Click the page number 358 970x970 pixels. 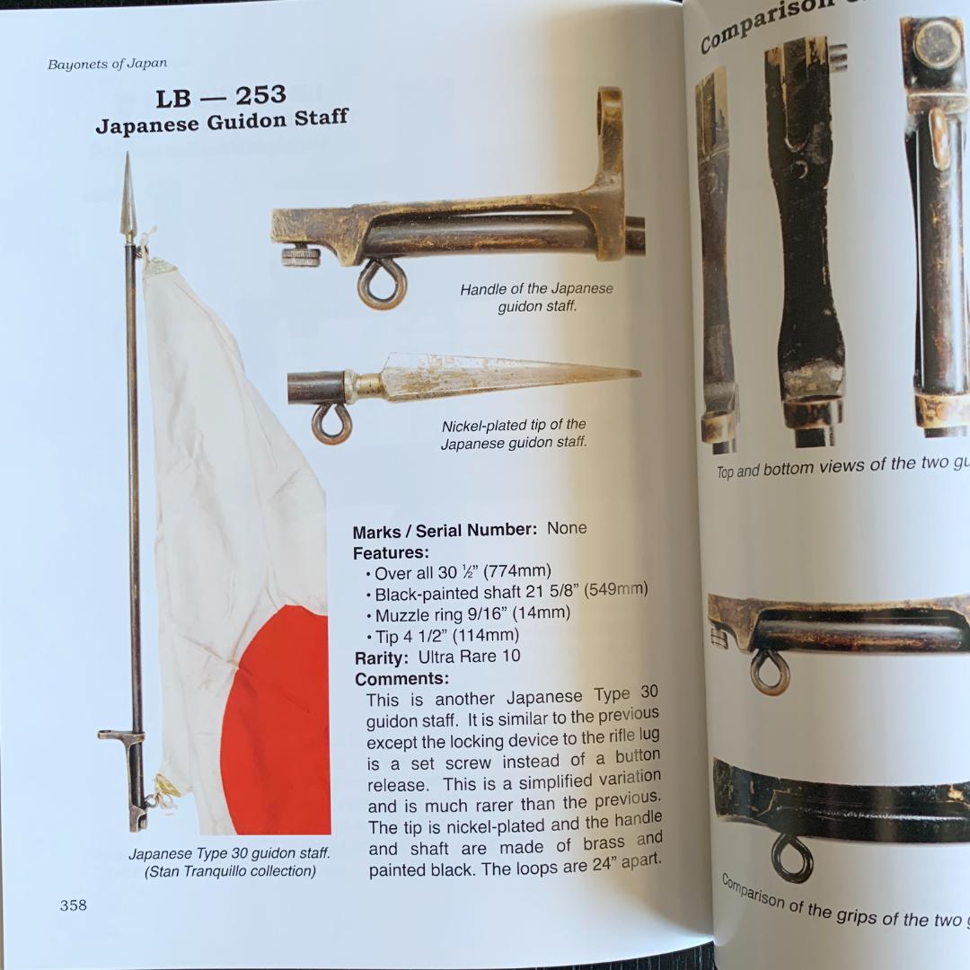click(x=74, y=904)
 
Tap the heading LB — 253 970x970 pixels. click(x=220, y=96)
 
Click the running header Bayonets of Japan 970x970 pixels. click(x=107, y=64)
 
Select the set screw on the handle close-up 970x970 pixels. click(x=301, y=258)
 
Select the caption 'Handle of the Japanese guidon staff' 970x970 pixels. click(x=537, y=297)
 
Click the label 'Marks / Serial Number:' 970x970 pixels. click(x=445, y=531)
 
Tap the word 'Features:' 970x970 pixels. click(x=391, y=552)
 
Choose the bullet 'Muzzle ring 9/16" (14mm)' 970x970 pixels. click(x=472, y=615)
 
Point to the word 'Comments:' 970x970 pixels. click(x=401, y=679)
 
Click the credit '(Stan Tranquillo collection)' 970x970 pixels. click(x=230, y=870)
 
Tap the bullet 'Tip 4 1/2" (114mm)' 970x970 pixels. click(x=447, y=636)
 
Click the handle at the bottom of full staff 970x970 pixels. click(x=132, y=772)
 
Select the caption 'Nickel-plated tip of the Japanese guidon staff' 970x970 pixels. click(x=514, y=434)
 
